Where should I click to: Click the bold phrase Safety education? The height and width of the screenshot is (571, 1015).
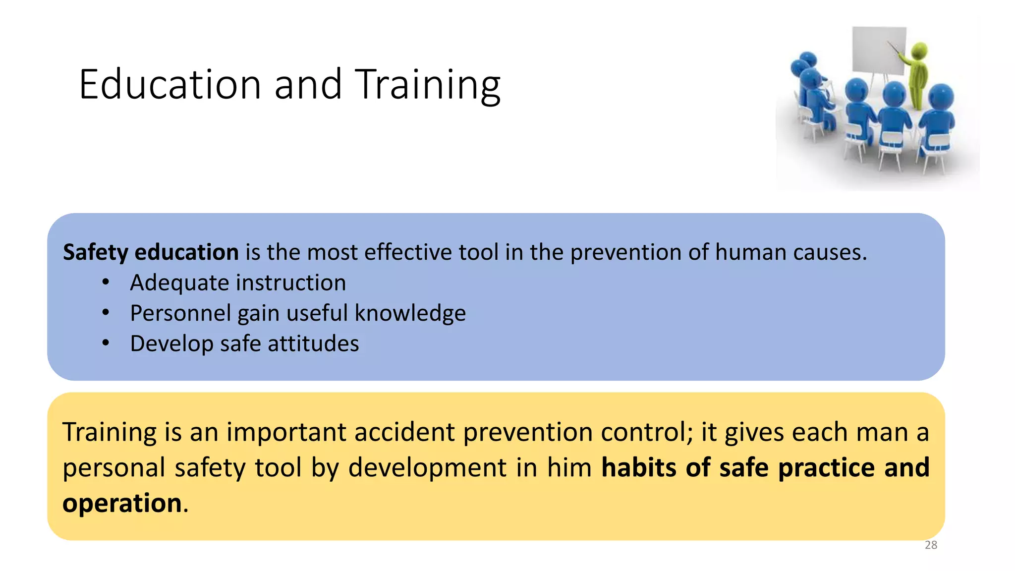tap(151, 252)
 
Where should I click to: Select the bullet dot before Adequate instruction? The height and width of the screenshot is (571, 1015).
tap(105, 283)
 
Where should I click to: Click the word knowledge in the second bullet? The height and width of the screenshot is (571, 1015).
tap(410, 313)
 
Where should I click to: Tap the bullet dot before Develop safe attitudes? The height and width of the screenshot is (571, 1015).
tap(105, 343)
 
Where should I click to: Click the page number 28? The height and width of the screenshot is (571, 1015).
tap(931, 545)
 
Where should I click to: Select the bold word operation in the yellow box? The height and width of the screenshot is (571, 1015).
tap(122, 503)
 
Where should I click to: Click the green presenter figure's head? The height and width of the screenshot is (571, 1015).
tap(919, 50)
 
